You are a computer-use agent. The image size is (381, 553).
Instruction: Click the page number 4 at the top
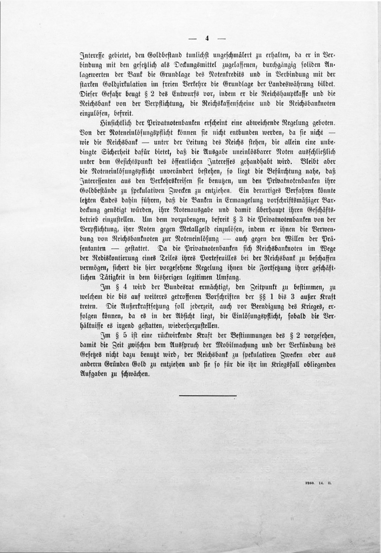pyautogui.click(x=207, y=38)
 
